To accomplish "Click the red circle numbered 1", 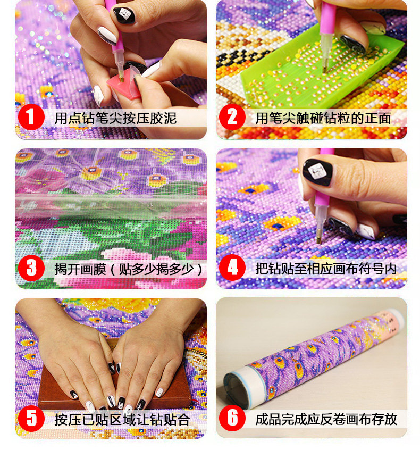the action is (31, 117).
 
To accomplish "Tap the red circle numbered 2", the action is (232, 117).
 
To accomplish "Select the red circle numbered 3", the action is (31, 268).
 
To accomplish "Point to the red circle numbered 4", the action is (232, 268).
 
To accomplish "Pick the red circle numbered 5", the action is (31, 418).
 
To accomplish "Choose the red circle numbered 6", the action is (232, 418).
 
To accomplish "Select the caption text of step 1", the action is (115, 118).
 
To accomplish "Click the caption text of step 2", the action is (323, 118).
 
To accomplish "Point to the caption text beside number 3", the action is (129, 269).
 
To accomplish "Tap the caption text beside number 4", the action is (326, 269).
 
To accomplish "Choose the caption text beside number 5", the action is (122, 420).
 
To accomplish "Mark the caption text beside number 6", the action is (326, 419).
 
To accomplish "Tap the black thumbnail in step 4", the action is (317, 172).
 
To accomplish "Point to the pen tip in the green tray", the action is (325, 69).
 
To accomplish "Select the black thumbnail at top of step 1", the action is (124, 15).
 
